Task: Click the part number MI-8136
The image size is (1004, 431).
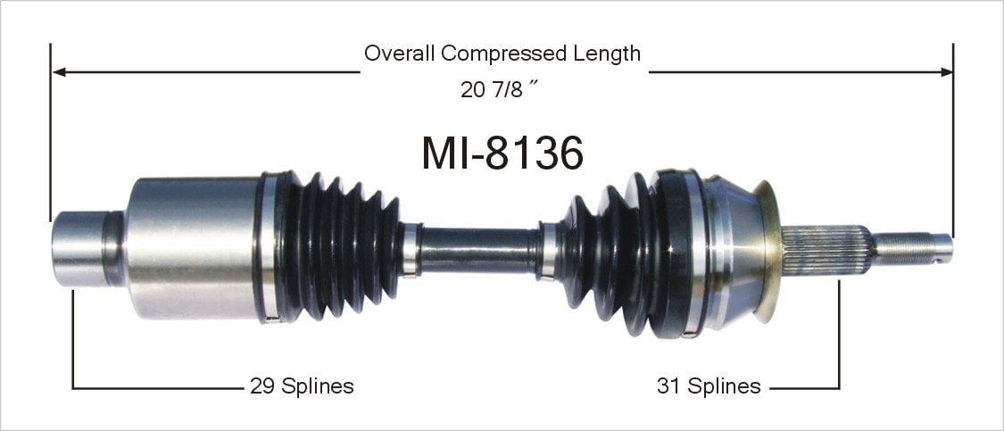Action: click(502, 153)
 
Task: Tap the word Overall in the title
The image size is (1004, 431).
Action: click(400, 53)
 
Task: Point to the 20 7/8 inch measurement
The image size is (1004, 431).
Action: click(497, 89)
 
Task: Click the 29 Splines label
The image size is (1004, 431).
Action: click(302, 386)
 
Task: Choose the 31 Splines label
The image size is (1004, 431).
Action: click(709, 386)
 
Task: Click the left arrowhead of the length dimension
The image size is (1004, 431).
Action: click(58, 71)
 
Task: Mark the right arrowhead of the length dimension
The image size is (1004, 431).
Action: click(946, 71)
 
